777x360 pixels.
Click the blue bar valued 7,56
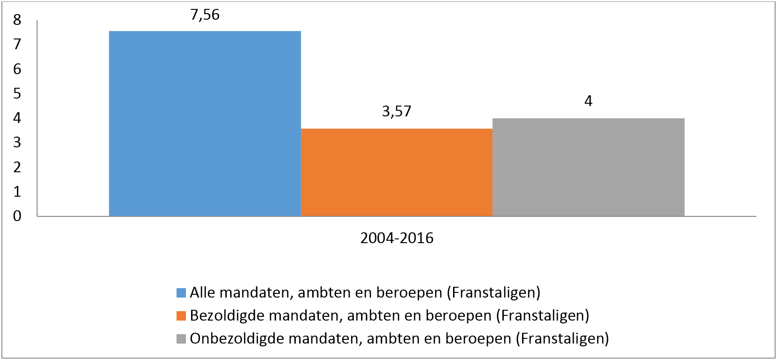click(x=205, y=123)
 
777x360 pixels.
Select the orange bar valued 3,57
click(x=397, y=172)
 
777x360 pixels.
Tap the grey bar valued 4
click(x=588, y=167)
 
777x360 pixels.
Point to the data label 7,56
click(x=205, y=15)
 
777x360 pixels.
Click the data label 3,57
click(x=397, y=111)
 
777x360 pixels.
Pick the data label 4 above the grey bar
click(x=588, y=101)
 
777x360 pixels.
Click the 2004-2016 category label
click(x=397, y=238)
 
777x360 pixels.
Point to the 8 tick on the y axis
click(x=17, y=20)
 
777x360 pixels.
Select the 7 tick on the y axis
click(x=17, y=44)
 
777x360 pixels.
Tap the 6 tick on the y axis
click(x=17, y=69)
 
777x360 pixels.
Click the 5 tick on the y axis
click(x=17, y=93)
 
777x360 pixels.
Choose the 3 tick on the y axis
click(x=17, y=142)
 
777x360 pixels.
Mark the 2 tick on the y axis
click(x=17, y=167)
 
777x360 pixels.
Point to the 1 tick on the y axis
click(x=17, y=191)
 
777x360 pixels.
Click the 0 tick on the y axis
click(x=17, y=216)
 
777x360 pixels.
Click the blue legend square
click(x=181, y=293)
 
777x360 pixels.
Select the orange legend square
click(x=181, y=316)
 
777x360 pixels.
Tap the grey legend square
click(x=181, y=339)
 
